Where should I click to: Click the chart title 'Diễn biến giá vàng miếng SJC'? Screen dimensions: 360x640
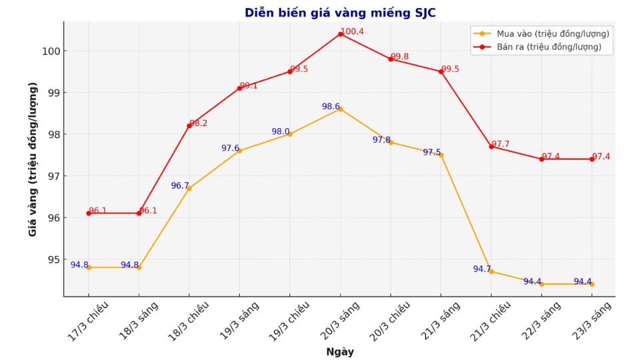(x=340, y=13)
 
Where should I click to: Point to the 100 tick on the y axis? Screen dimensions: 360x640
(x=53, y=51)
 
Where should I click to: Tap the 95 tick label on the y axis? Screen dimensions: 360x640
(x=53, y=259)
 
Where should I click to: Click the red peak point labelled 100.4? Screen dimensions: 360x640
(x=340, y=34)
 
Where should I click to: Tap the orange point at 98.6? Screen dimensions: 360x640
(x=340, y=109)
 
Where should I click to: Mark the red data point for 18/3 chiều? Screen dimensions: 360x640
(x=189, y=126)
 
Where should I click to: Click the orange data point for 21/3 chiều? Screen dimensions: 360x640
(x=491, y=271)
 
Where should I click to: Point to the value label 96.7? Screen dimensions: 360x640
(x=180, y=186)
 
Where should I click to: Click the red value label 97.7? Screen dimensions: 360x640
(x=501, y=144)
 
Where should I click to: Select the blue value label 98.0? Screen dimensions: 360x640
(x=281, y=132)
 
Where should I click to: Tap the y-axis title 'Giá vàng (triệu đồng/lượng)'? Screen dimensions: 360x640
(x=33, y=159)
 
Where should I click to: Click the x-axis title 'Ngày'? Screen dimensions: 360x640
(x=340, y=352)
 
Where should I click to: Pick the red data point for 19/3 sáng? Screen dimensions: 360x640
(x=239, y=88)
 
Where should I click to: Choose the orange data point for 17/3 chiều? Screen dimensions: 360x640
(x=89, y=267)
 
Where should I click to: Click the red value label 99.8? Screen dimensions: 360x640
(x=400, y=57)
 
